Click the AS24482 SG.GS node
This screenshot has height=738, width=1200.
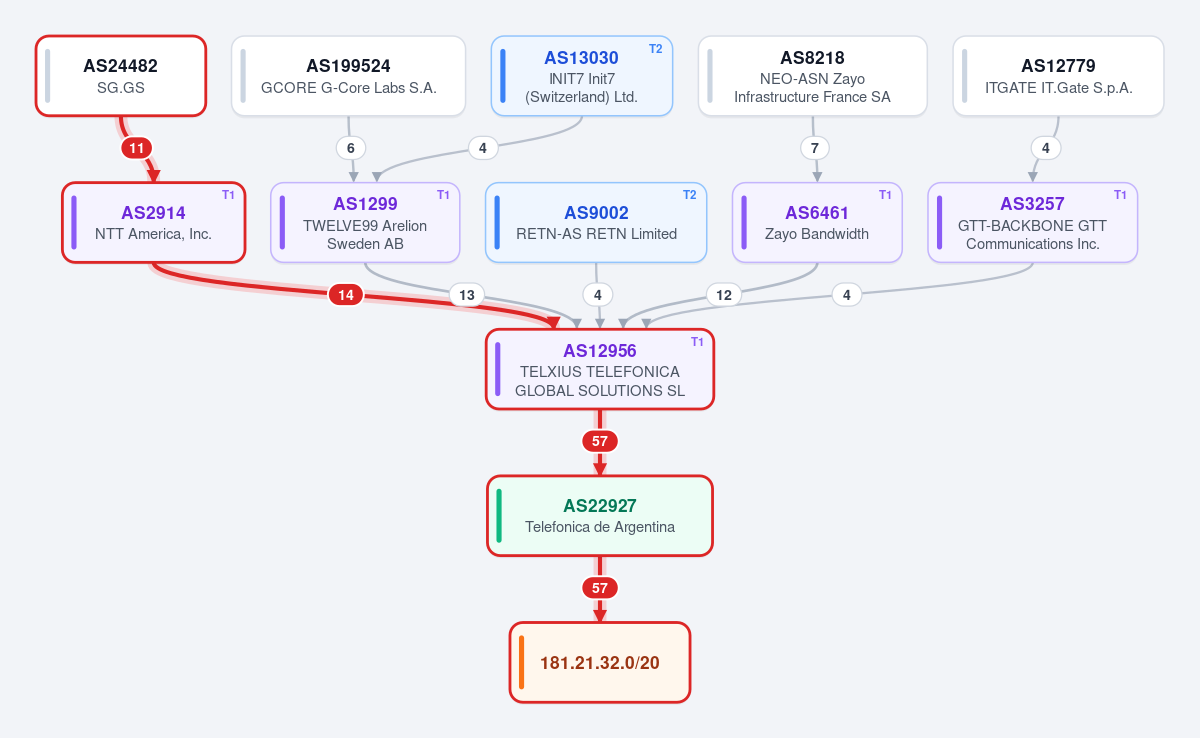tap(121, 76)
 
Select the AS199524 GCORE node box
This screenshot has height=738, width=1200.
tap(348, 76)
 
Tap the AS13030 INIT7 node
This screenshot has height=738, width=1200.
tap(582, 76)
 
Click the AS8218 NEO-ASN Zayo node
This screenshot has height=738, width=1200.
tap(813, 76)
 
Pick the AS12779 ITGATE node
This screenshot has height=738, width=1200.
tap(1058, 76)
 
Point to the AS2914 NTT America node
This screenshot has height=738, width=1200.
tap(154, 223)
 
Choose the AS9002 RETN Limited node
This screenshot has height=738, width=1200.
tap(596, 223)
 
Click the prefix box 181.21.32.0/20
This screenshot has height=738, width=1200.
tap(600, 662)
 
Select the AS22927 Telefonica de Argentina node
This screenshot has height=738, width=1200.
tap(600, 516)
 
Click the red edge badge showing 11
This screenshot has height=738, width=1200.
tap(137, 148)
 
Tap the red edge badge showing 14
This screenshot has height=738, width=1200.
tap(346, 295)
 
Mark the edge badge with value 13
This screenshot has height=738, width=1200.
tap(467, 295)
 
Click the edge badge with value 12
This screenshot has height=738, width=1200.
tap(724, 295)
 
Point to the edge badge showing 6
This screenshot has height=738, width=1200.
tap(351, 148)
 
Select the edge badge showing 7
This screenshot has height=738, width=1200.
tap(815, 148)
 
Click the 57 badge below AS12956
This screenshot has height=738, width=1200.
tap(600, 441)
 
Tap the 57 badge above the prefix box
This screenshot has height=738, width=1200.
tap(600, 588)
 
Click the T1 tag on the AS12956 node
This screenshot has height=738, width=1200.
tap(697, 342)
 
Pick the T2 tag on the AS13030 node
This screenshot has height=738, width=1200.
tap(656, 49)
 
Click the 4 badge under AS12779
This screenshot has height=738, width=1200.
tap(1046, 148)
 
